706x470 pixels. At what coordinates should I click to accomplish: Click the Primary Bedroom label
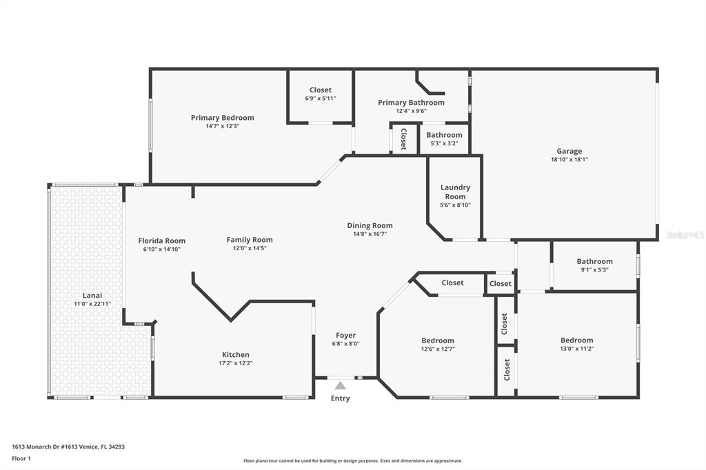(x=223, y=117)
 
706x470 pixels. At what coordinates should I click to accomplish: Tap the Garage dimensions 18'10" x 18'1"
(x=569, y=159)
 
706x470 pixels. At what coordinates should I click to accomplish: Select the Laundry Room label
(x=455, y=192)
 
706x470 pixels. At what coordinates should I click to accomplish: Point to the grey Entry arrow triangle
(x=341, y=385)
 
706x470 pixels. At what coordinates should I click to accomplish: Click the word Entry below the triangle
(x=341, y=398)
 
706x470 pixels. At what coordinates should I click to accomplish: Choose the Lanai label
(x=92, y=296)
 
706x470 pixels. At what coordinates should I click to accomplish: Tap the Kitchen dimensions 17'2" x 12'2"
(x=236, y=363)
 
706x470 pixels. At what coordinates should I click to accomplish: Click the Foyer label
(x=346, y=336)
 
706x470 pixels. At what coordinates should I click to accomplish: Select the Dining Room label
(x=370, y=225)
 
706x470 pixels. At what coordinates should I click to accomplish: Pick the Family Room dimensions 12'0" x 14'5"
(x=250, y=248)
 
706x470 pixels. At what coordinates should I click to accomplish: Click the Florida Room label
(x=161, y=241)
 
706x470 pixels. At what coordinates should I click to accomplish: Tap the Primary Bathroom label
(x=411, y=103)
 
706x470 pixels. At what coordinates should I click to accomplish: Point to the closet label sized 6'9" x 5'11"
(x=321, y=90)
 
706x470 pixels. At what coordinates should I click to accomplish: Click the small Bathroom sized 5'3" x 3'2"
(x=445, y=135)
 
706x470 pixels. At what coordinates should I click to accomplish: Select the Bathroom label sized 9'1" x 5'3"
(x=595, y=262)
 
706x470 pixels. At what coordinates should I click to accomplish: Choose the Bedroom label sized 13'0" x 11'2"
(x=577, y=340)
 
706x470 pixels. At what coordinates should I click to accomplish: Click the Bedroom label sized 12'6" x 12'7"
(x=438, y=341)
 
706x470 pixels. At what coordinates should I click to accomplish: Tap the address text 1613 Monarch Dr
(x=37, y=447)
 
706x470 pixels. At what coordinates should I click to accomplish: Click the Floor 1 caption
(x=21, y=459)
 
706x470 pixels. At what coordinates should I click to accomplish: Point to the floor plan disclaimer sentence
(x=353, y=461)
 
